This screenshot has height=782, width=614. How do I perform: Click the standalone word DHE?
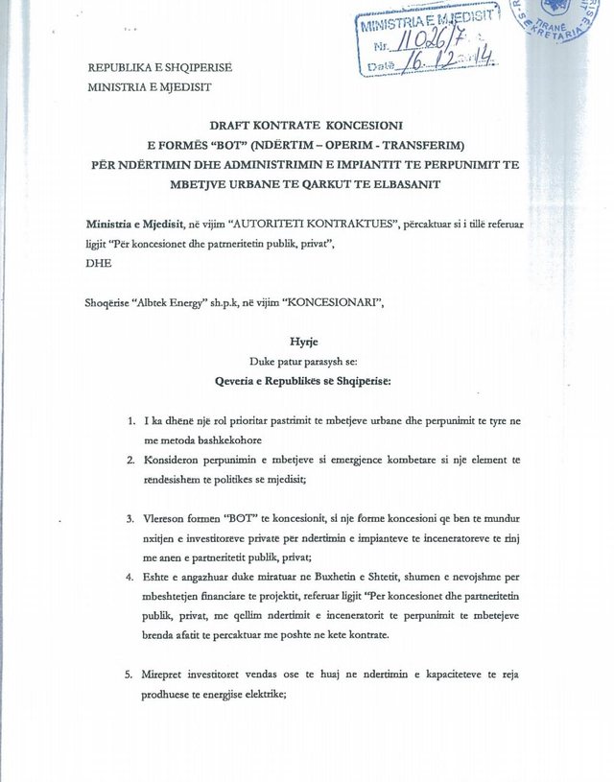[99, 262]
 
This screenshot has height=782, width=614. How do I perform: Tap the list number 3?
[130, 519]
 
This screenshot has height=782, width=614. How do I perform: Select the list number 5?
[130, 675]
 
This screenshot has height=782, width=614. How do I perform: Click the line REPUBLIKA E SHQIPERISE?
[160, 68]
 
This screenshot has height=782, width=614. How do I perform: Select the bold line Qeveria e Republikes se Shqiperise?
[302, 379]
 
